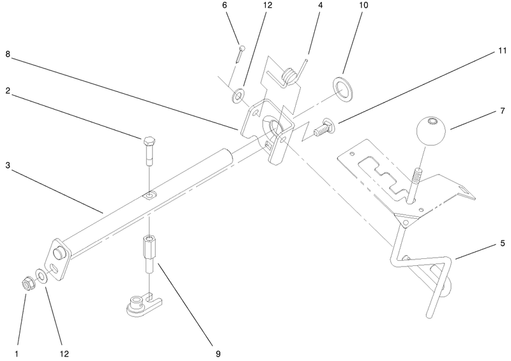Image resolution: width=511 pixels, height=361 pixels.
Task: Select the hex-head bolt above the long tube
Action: coord(149,152)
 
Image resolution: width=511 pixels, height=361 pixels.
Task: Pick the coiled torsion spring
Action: coord(289,74)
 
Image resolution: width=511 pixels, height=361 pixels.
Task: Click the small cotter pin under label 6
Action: coord(240,54)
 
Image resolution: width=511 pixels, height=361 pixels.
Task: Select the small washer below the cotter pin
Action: coord(238,96)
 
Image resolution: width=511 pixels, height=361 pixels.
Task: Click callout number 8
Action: coord(8,54)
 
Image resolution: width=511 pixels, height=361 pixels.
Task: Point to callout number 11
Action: coord(502,50)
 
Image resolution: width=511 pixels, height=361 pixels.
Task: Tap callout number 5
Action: coord(502,243)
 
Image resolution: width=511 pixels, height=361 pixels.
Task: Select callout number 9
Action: coord(218,354)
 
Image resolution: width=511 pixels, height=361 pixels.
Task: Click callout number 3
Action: coord(8,165)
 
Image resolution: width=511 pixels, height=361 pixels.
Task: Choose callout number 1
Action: coord(17,354)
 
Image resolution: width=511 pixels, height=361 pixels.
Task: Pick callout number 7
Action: coord(502,111)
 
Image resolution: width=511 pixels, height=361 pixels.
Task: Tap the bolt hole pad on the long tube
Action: coord(149,196)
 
